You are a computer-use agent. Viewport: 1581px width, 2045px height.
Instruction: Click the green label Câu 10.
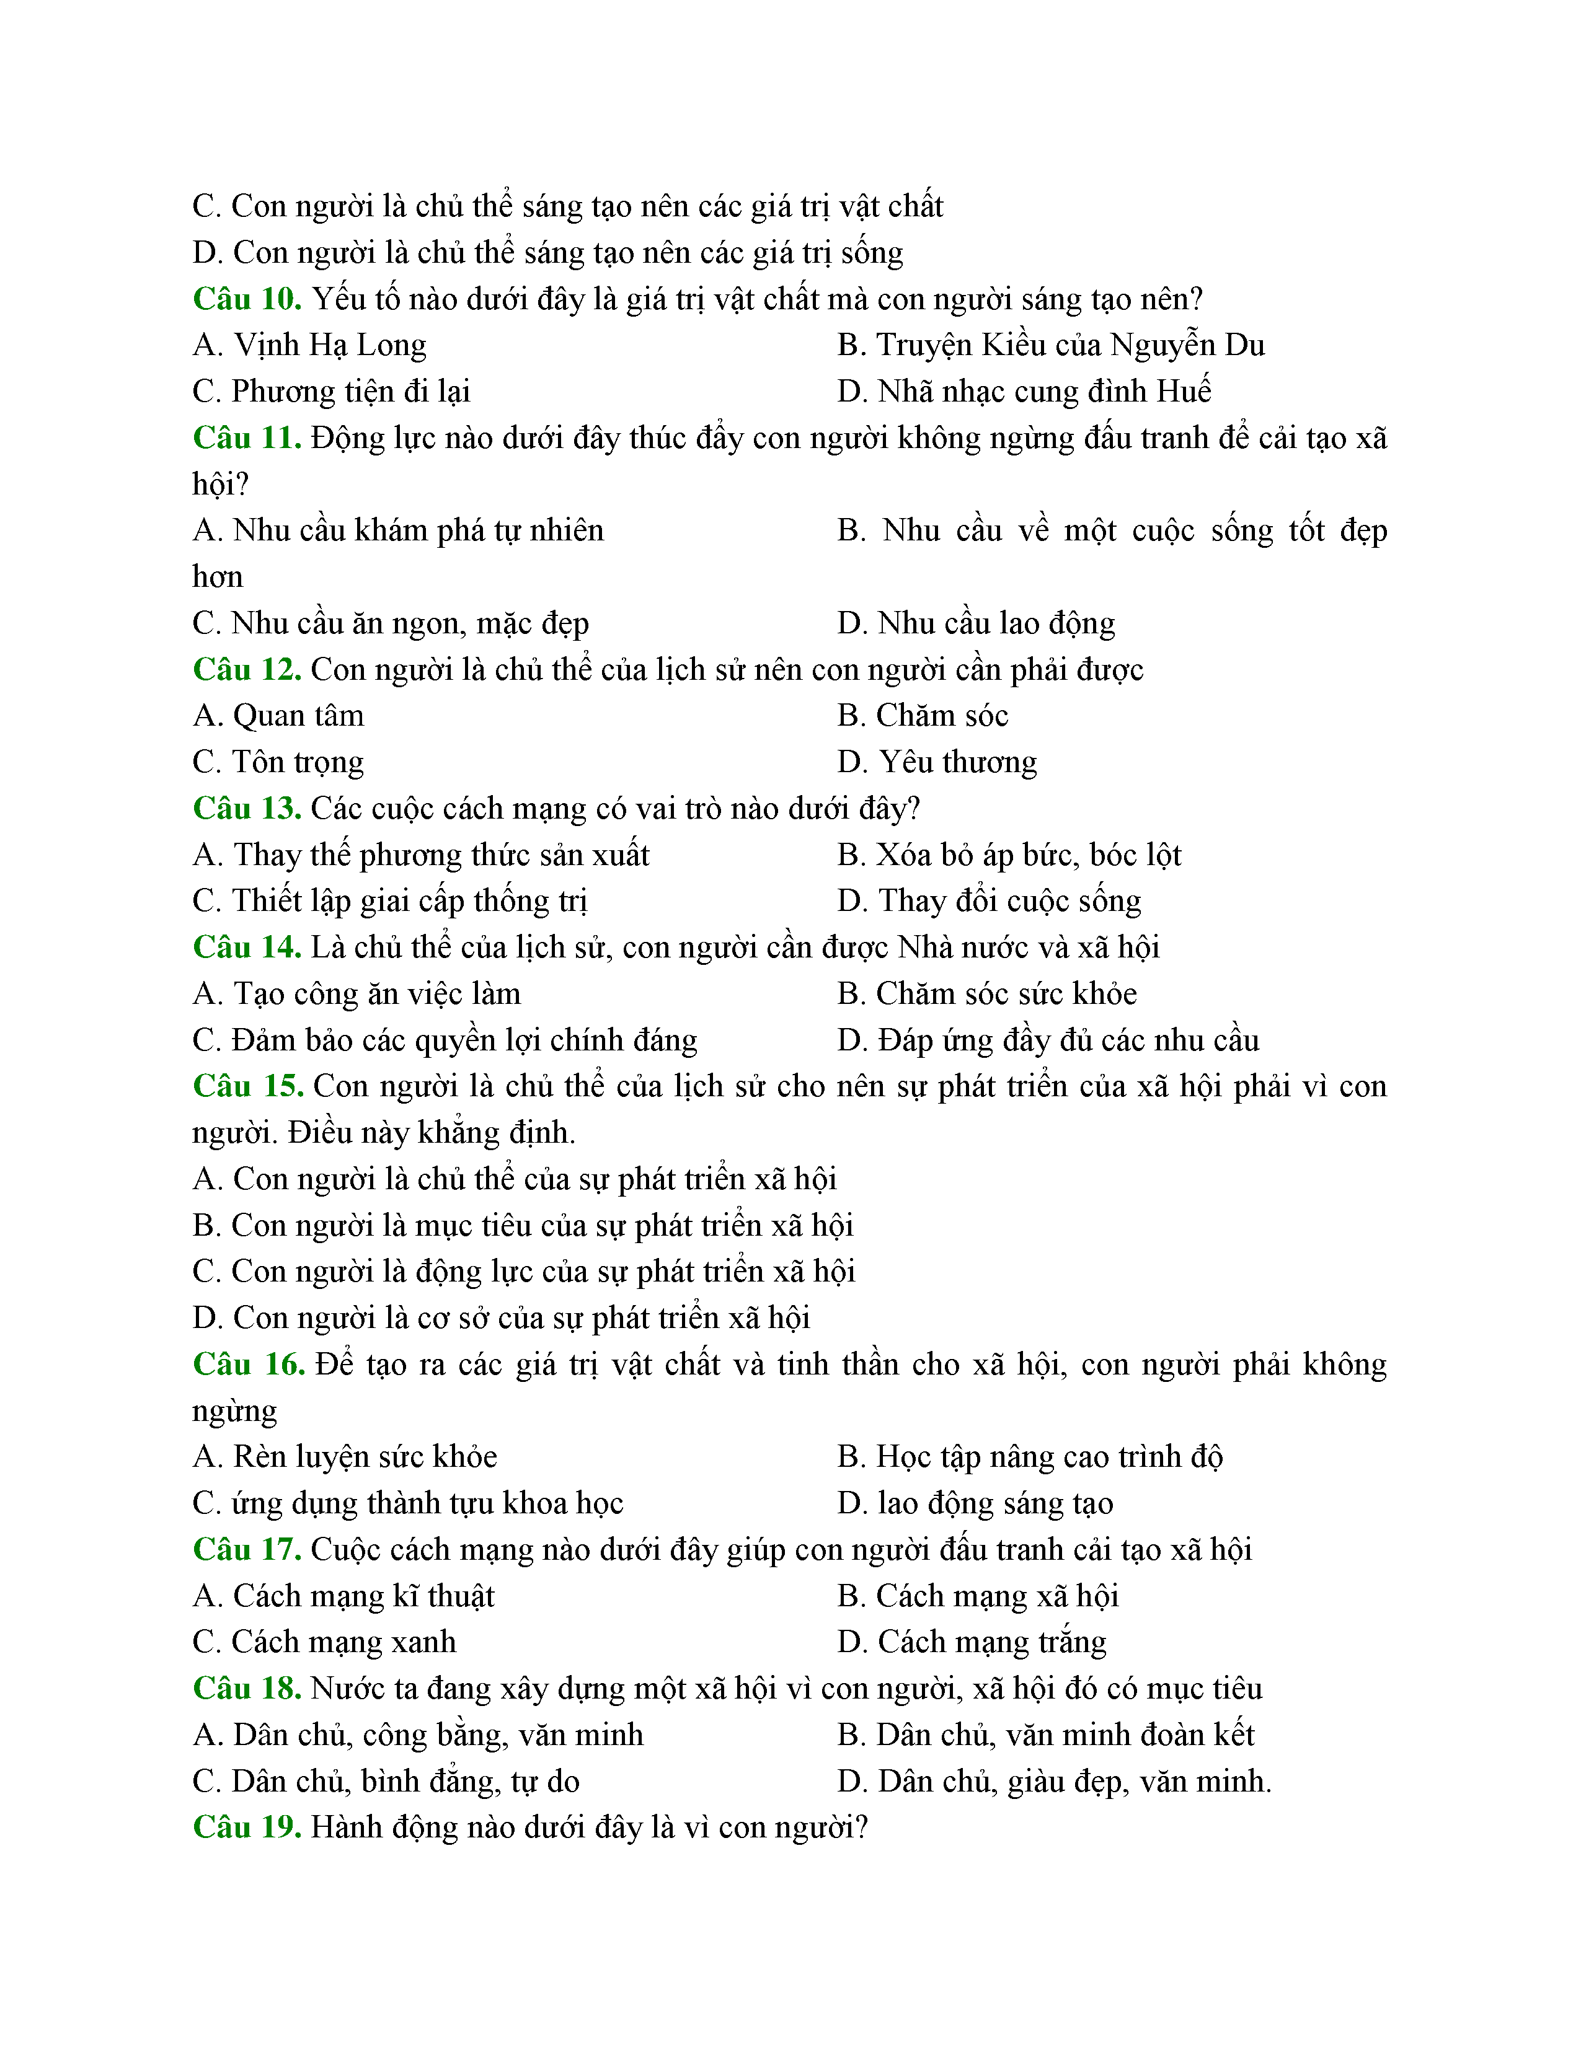(246, 299)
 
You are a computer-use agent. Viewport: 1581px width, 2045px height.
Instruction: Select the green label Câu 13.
(246, 808)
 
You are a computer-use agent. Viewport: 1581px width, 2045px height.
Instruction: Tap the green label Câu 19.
(246, 1827)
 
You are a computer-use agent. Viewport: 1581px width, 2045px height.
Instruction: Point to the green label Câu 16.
(248, 1365)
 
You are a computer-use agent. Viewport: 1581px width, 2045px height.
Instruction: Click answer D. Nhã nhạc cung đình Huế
(1024, 392)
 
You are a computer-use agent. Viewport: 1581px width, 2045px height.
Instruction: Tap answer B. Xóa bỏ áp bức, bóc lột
(1009, 855)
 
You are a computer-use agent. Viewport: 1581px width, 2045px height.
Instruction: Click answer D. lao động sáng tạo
(975, 1504)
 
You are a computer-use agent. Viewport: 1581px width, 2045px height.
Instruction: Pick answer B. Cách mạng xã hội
(978, 1596)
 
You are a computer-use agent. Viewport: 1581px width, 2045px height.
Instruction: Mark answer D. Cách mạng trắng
(972, 1642)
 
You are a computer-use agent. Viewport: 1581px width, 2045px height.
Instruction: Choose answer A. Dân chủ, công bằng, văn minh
(418, 1735)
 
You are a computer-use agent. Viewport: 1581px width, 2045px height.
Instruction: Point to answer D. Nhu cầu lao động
(976, 623)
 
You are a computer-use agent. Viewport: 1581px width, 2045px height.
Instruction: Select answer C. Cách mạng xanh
(324, 1642)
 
